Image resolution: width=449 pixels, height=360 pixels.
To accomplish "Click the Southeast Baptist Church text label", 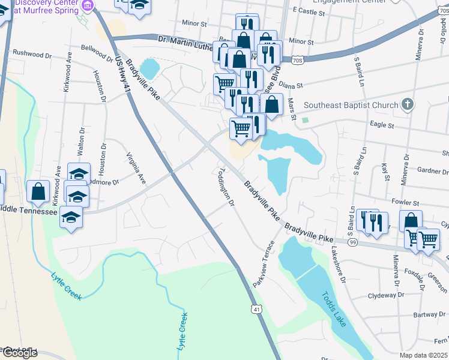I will (351, 105).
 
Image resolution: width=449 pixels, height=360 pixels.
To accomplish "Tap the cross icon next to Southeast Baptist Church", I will (407, 104).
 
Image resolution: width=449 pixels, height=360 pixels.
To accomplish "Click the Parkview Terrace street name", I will (264, 263).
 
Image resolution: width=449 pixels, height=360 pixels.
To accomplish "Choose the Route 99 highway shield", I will (352, 242).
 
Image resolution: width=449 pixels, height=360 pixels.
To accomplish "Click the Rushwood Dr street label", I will (32, 54).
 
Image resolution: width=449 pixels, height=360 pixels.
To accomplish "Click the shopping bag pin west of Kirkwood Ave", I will (38, 192).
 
